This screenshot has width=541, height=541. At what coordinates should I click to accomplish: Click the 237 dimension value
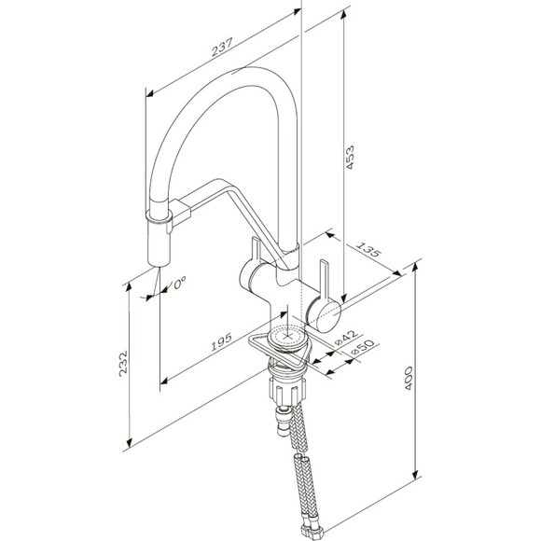click(x=223, y=47)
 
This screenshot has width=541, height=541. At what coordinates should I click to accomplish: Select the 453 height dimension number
click(x=350, y=158)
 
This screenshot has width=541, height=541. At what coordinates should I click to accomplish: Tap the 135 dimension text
click(x=368, y=250)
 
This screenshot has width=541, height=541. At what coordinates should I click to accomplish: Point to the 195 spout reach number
click(x=221, y=342)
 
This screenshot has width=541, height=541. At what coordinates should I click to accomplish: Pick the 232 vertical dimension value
click(x=123, y=364)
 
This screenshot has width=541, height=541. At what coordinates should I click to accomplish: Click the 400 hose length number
click(x=409, y=378)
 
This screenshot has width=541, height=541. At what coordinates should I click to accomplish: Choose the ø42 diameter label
click(x=345, y=338)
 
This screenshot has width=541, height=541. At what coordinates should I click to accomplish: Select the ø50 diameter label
click(x=362, y=347)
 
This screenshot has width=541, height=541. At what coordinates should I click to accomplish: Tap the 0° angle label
click(x=180, y=283)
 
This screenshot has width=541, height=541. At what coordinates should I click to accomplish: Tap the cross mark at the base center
click(x=287, y=336)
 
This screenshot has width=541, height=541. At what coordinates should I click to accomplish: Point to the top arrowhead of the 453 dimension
click(x=343, y=15)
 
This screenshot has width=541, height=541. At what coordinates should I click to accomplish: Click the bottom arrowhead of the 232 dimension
click(x=130, y=442)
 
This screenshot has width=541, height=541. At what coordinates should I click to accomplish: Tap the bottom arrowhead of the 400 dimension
click(x=415, y=475)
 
